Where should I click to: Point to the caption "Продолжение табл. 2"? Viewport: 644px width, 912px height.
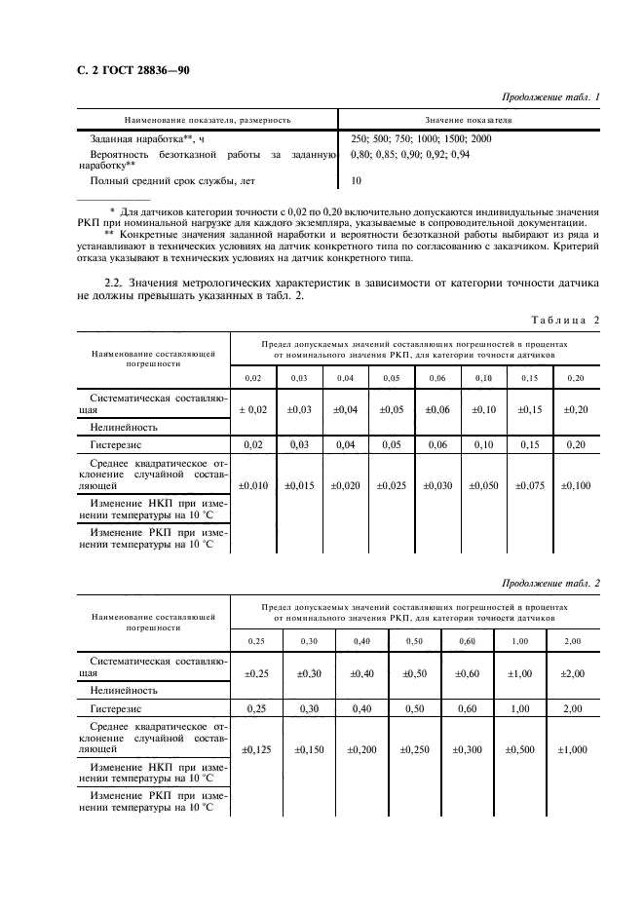point(550,583)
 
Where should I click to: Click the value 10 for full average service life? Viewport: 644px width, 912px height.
point(356,180)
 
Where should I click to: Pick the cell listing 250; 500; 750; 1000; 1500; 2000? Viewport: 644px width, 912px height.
point(421,139)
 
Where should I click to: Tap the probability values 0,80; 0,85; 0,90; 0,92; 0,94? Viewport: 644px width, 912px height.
point(409,154)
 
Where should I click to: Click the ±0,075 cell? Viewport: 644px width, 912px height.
point(530,484)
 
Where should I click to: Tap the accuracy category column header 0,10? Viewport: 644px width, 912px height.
point(483,377)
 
